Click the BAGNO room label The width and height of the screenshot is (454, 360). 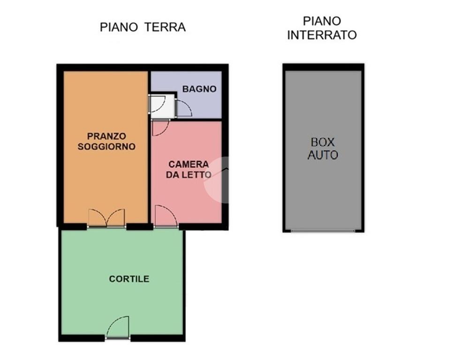[199, 89]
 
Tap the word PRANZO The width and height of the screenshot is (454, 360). [106, 136]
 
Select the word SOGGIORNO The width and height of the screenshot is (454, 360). [106, 146]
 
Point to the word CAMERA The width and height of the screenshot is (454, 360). [189, 165]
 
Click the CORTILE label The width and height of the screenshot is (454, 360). [129, 279]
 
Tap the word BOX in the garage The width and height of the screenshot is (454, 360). [323, 142]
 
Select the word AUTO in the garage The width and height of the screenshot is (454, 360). [323, 155]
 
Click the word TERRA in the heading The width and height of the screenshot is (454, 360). [165, 27]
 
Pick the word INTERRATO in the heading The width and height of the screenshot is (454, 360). [322, 35]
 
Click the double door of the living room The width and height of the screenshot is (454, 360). [107, 218]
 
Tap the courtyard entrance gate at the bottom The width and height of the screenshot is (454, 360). [118, 328]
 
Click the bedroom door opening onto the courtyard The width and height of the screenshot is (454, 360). [166, 217]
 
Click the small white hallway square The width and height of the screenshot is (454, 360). [162, 106]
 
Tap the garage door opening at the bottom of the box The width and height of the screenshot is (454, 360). [323, 231]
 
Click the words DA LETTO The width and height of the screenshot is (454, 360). [189, 175]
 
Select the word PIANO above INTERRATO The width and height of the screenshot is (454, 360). [322, 21]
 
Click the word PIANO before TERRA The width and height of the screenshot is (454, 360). [119, 27]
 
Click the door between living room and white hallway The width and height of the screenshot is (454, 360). [157, 104]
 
